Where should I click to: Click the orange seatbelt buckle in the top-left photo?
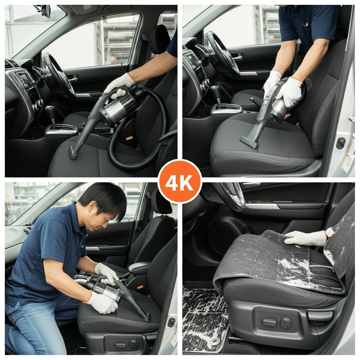click(x=129, y=138)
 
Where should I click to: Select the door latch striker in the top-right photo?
click(x=341, y=143)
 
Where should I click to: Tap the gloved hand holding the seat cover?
click(x=306, y=238)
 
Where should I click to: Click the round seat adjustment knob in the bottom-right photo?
click(x=286, y=323)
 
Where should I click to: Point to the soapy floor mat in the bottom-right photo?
click(x=204, y=318)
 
